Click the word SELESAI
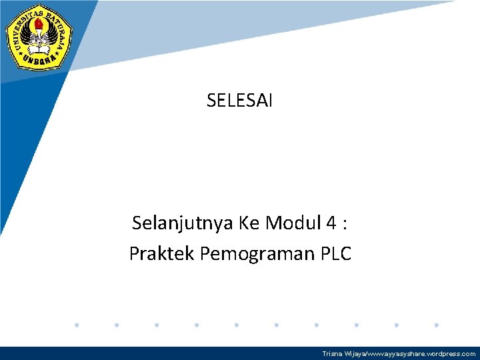[x=239, y=101]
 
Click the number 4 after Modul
[x=331, y=223]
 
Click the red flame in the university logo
[x=39, y=27]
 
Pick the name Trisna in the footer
[x=331, y=354]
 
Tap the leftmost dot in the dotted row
[x=77, y=325]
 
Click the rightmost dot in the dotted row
[x=436, y=325]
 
